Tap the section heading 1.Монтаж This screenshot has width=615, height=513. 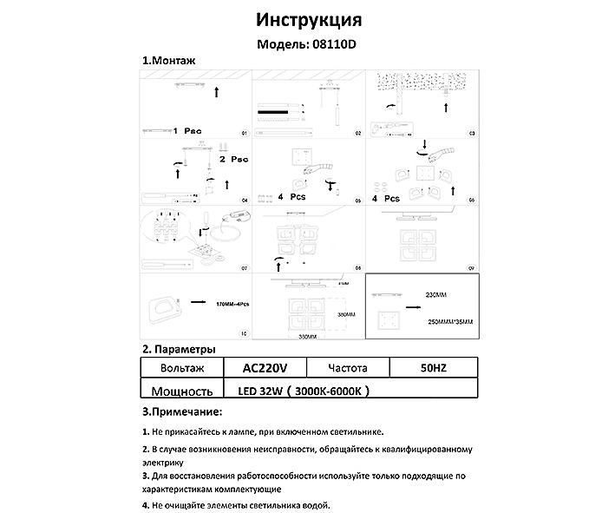(x=169, y=62)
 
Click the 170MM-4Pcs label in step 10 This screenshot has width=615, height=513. (x=232, y=305)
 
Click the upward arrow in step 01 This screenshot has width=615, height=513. (x=216, y=89)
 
